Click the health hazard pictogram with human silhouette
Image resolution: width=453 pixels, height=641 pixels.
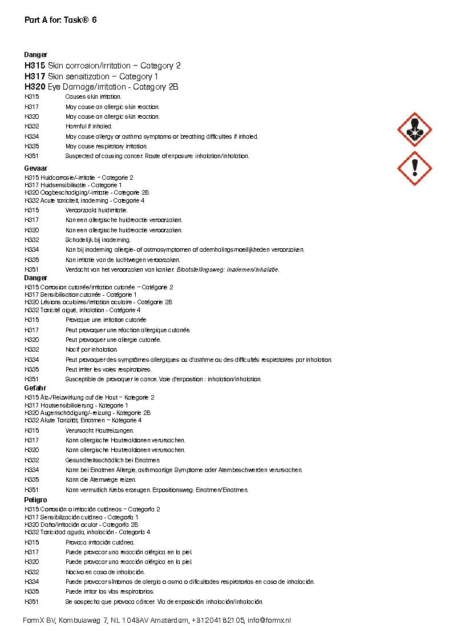click(x=414, y=130)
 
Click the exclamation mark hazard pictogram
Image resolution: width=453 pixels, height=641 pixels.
click(x=414, y=168)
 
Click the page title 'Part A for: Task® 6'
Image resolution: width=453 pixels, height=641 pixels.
click(x=60, y=20)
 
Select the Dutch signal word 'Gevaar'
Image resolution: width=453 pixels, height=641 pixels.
click(x=35, y=168)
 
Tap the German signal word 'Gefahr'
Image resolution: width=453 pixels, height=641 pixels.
click(x=35, y=388)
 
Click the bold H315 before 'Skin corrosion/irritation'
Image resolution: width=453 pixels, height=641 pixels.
click(x=35, y=66)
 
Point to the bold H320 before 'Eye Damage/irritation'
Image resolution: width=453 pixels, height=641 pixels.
click(x=35, y=87)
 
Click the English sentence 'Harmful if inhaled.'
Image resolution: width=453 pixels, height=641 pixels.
click(x=89, y=126)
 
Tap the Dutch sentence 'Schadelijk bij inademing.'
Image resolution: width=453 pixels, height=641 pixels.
click(x=98, y=240)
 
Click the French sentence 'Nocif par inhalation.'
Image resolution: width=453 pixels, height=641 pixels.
click(x=91, y=349)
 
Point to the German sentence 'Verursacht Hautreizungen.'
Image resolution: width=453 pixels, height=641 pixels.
click(x=100, y=430)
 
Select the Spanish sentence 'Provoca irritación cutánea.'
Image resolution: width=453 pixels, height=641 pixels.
click(x=100, y=542)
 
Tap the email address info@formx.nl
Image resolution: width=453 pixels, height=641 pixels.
click(x=269, y=620)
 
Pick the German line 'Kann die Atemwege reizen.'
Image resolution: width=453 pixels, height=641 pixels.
click(x=101, y=479)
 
